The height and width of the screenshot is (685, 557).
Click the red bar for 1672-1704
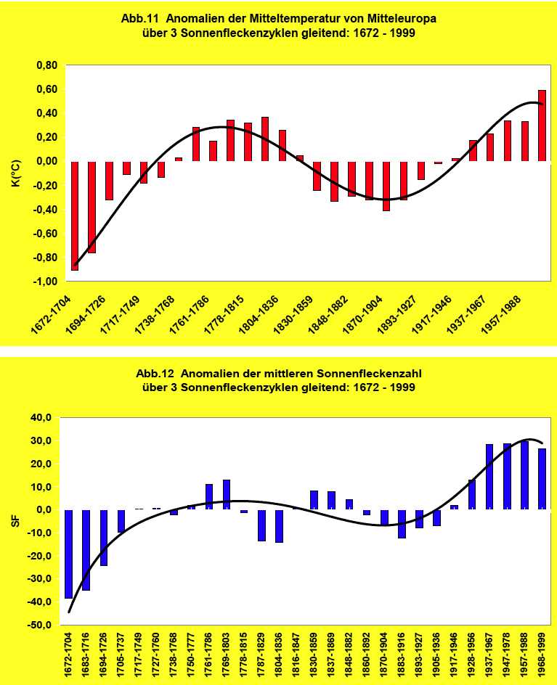pyautogui.click(x=75, y=215)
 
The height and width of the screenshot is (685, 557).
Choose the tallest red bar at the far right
pyautogui.click(x=542, y=125)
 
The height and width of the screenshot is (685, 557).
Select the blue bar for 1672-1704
pyautogui.click(x=69, y=554)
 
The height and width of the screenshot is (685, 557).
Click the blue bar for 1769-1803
pyautogui.click(x=227, y=494)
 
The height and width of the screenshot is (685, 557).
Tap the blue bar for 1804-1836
pyautogui.click(x=279, y=525)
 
